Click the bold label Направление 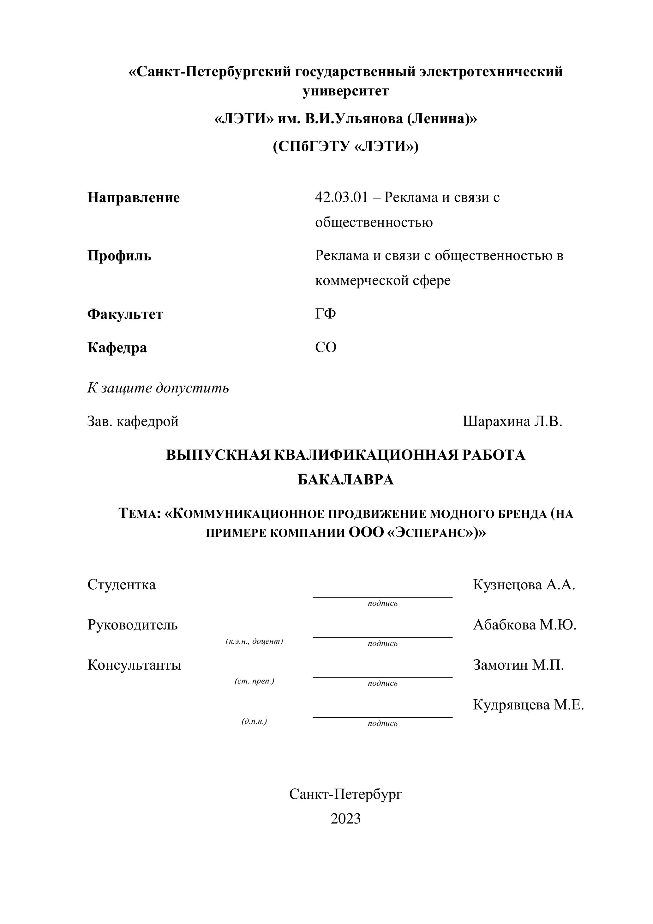[134, 198]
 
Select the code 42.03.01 [341, 198]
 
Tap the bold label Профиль [119, 256]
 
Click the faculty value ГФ [325, 313]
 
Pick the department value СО [326, 347]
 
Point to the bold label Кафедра [117, 347]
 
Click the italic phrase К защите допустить [158, 388]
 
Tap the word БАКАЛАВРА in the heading [345, 480]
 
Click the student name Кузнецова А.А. [524, 584]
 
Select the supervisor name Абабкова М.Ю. [525, 625]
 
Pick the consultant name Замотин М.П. [518, 665]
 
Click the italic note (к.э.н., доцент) [255, 641]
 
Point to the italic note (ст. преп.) [255, 681]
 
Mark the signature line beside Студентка [382, 597]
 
